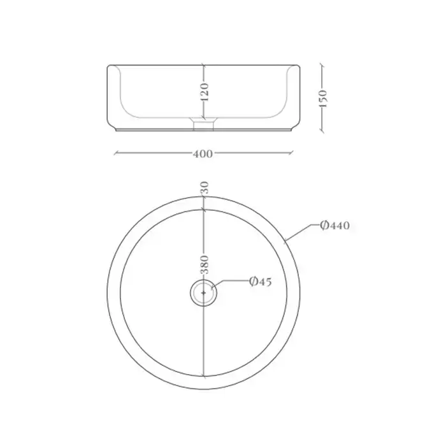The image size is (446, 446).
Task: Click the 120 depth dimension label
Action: click(x=205, y=92)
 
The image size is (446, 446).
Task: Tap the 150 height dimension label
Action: click(x=324, y=98)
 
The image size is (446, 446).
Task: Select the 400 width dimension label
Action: click(x=203, y=154)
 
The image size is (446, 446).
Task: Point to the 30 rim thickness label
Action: click(x=205, y=188)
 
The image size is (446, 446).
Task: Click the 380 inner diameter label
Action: click(x=205, y=264)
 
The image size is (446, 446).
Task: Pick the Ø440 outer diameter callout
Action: click(x=334, y=226)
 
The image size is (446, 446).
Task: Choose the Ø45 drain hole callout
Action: click(x=261, y=282)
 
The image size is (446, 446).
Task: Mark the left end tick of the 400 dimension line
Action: click(x=115, y=154)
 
